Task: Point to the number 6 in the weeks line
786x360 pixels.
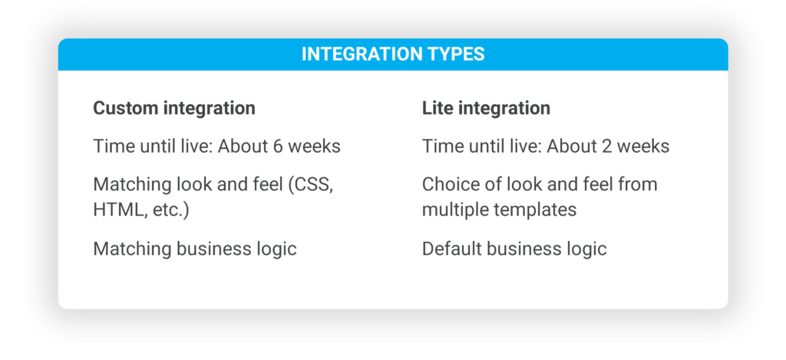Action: coord(277,147)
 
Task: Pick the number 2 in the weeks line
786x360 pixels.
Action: coord(606,147)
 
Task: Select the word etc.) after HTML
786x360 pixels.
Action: coord(170,210)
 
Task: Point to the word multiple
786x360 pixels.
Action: coord(453,210)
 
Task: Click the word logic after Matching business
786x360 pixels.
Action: coord(277,249)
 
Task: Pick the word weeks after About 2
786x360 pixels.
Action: coord(643,147)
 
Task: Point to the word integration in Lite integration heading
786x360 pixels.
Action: coord(502,109)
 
